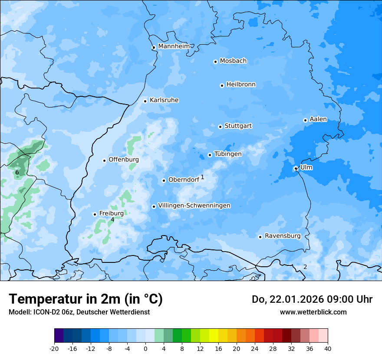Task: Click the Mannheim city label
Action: click(174, 46)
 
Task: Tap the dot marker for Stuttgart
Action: click(220, 127)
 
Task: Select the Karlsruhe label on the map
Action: click(164, 100)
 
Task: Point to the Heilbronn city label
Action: click(241, 85)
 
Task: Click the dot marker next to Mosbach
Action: click(215, 62)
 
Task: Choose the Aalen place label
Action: click(318, 119)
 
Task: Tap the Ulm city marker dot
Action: click(296, 168)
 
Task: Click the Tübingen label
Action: click(228, 154)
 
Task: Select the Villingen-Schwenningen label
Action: click(194, 206)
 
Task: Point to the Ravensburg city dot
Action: click(260, 237)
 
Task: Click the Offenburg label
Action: click(124, 160)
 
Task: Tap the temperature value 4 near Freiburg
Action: click(112, 220)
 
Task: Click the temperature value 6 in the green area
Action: click(17, 173)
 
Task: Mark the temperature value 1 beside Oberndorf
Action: click(202, 177)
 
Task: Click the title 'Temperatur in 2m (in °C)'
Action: click(86, 299)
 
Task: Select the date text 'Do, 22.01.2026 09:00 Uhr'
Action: click(312, 299)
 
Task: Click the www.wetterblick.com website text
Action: click(313, 312)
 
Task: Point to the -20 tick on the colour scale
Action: click(54, 349)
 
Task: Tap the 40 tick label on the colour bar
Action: click(328, 349)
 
